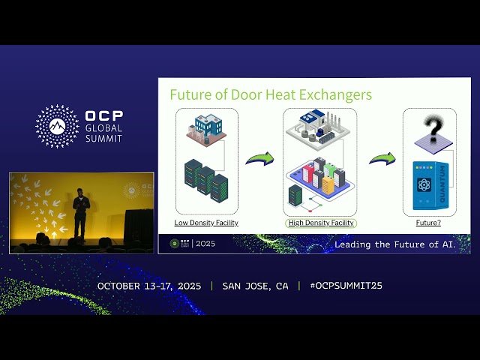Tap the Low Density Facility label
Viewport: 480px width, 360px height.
tap(206, 223)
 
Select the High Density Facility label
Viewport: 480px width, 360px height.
tap(320, 223)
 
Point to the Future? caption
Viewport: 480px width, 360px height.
tap(428, 223)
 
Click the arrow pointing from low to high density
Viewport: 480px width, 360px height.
tap(260, 159)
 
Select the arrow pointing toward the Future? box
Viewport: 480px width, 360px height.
tap(381, 159)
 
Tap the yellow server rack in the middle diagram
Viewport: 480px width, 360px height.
tap(328, 184)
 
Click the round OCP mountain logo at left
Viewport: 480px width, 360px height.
tap(57, 126)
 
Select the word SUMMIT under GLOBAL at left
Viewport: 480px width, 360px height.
tap(104, 139)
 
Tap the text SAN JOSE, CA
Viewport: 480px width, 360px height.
tap(255, 286)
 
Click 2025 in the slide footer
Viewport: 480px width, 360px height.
tap(205, 244)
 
